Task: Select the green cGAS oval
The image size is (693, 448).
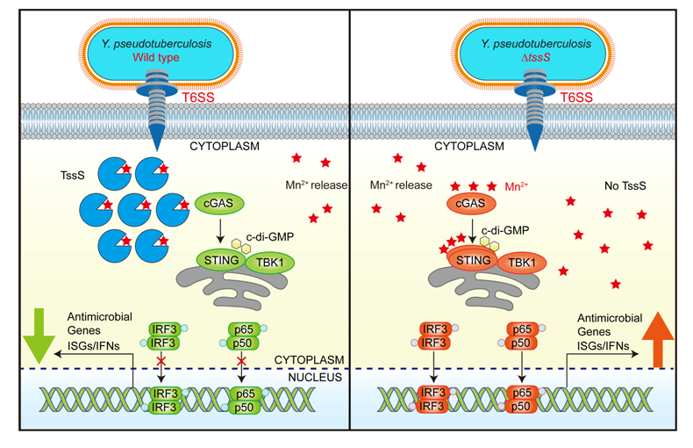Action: coord(215,203)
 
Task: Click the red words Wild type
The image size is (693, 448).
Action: coord(155,57)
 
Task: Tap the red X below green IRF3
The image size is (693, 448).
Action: coord(161,359)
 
